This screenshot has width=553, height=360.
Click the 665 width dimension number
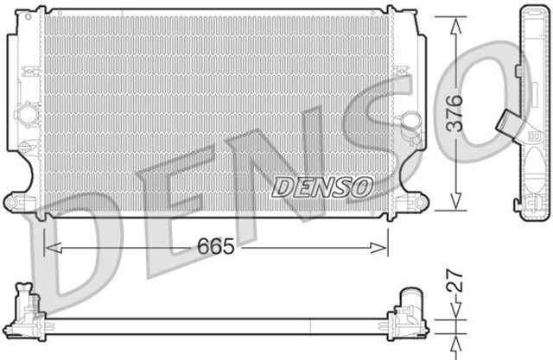point(216,247)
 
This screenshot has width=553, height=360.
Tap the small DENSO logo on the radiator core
point(322,186)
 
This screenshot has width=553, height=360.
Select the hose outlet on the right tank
point(409,123)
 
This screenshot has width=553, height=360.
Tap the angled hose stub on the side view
point(505,126)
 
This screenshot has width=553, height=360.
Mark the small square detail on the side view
point(533,135)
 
